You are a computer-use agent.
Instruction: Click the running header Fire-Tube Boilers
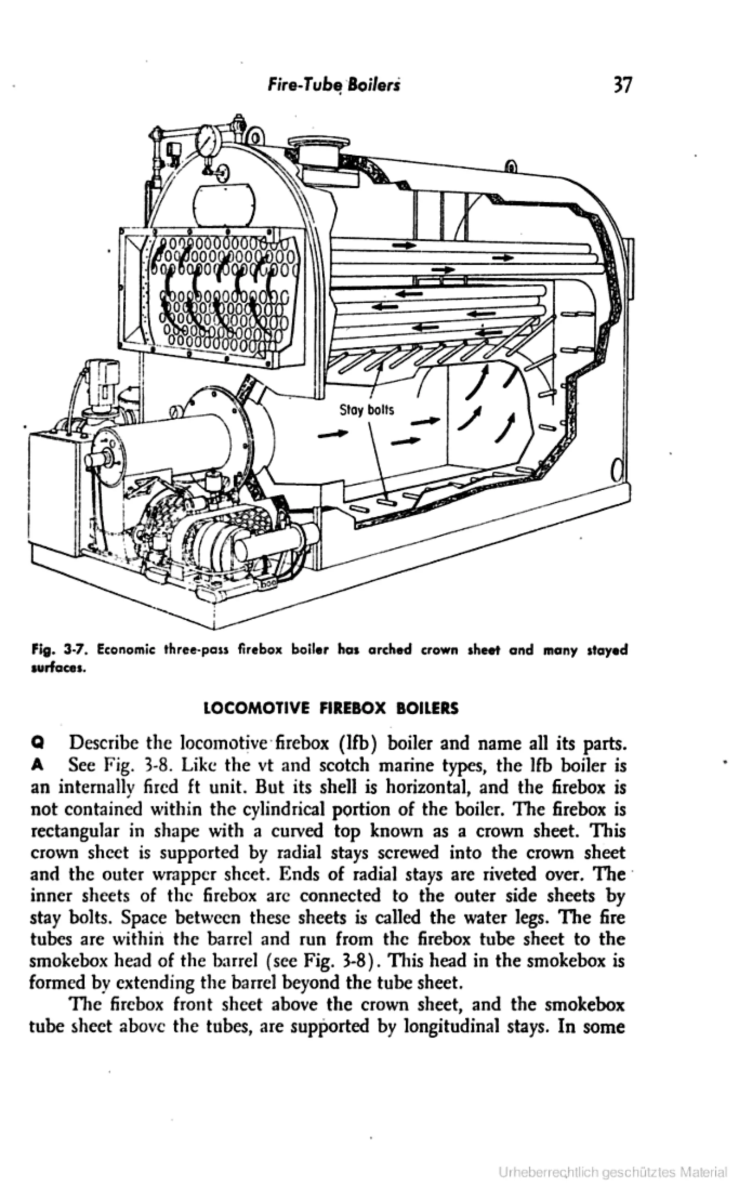(x=334, y=86)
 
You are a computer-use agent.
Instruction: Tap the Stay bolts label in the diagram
(x=367, y=410)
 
